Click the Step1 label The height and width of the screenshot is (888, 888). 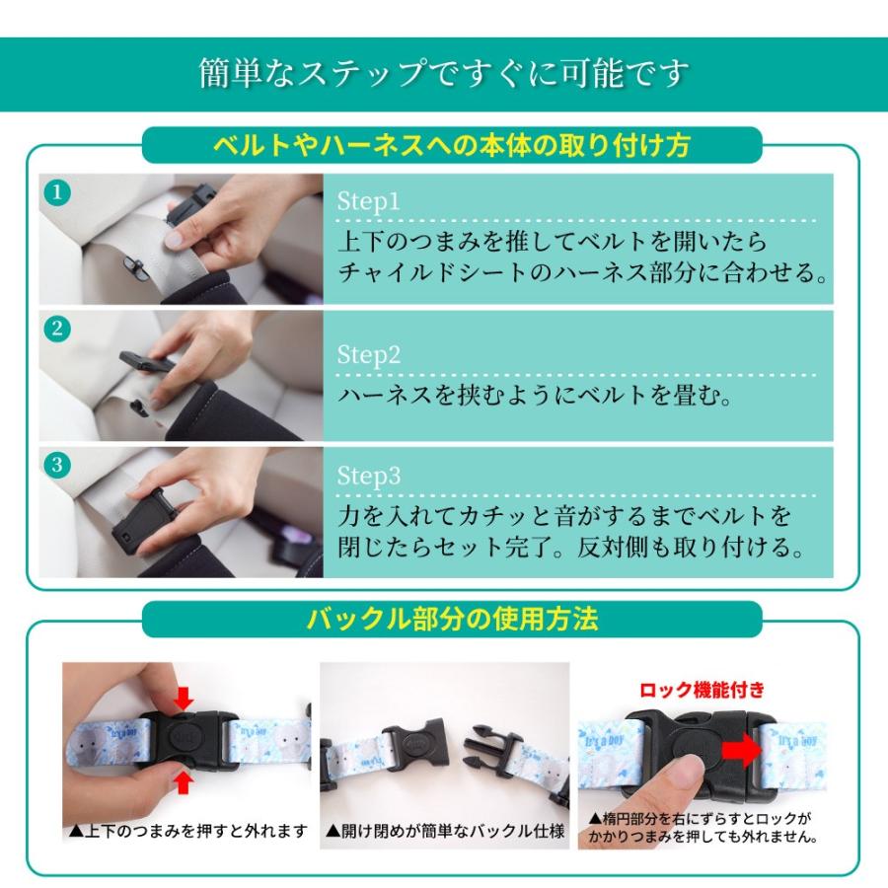coord(368,202)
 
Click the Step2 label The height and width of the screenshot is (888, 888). coord(369,355)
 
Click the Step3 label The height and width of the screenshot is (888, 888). coord(369,477)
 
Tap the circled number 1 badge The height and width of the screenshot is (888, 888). coord(57,192)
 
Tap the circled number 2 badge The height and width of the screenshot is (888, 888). coord(57,329)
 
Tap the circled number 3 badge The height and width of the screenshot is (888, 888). coord(57,465)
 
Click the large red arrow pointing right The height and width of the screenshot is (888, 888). coord(742,751)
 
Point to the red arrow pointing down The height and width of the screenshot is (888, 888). coord(183,699)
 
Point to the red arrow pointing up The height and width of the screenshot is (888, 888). coord(183,783)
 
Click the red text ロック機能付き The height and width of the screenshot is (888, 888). coord(702,690)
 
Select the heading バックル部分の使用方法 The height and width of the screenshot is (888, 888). coord(452,619)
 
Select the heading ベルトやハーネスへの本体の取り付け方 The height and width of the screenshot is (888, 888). coord(452,145)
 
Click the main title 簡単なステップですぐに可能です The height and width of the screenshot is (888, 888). coord(444,74)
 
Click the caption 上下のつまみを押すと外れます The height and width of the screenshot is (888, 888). coord(188,831)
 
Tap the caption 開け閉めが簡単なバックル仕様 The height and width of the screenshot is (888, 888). coord(446,831)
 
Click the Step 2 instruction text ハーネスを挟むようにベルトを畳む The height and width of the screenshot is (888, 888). coord(535,395)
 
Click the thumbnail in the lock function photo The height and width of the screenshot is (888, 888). coord(690,771)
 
